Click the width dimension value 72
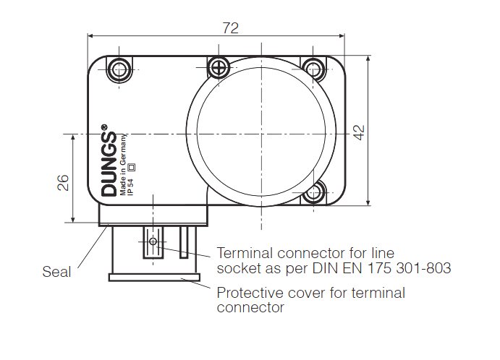229,28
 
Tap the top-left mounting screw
118,69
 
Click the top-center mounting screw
218,68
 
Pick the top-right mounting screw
313,69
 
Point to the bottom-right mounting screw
313,193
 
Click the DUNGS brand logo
109,164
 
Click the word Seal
56,272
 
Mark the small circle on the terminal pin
152,241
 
